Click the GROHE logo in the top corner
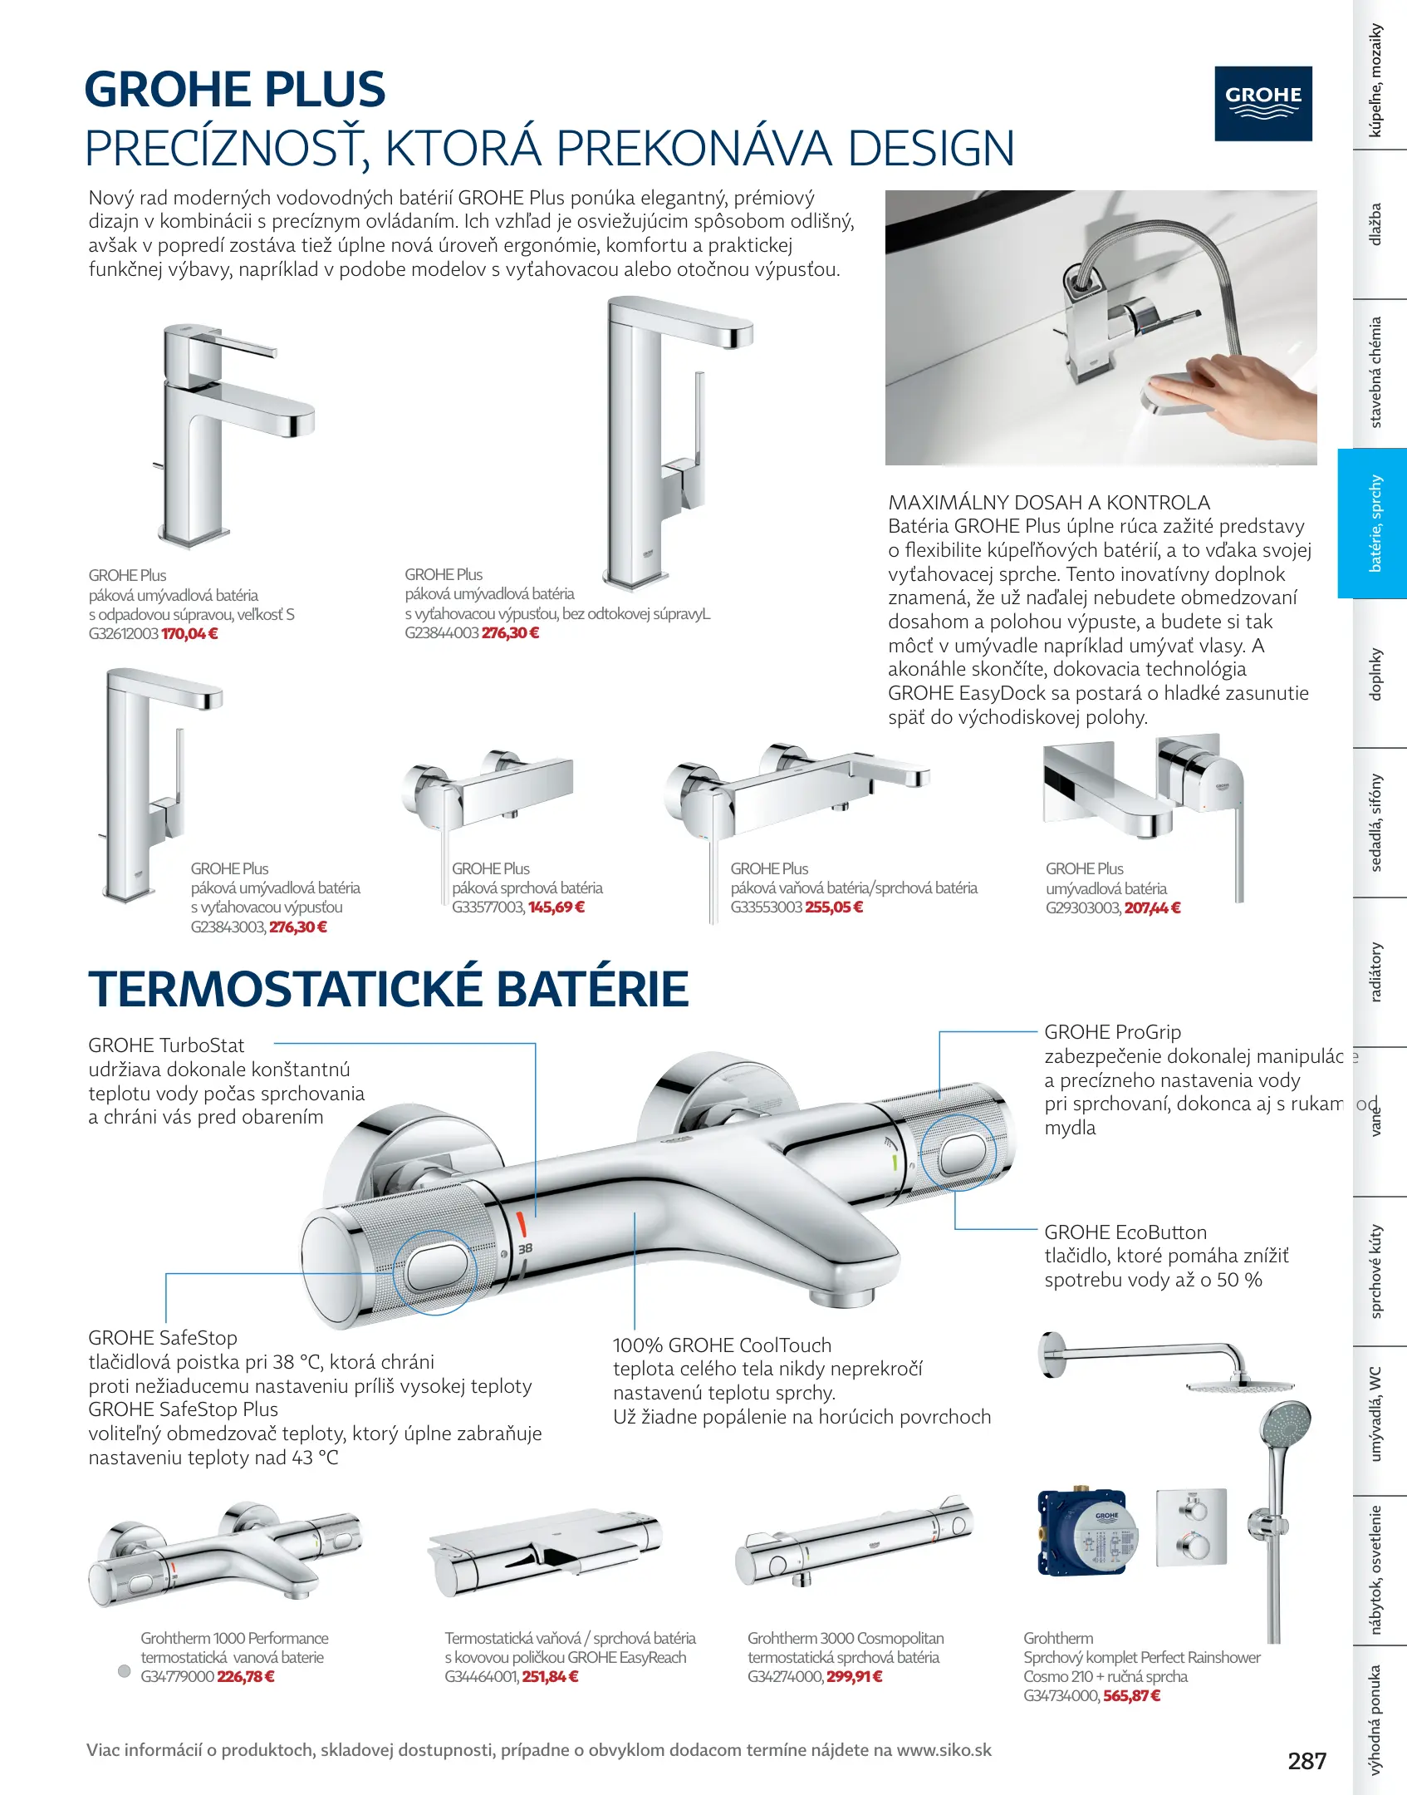[x=1262, y=104]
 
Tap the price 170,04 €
[x=189, y=634]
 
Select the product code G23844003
[x=441, y=633]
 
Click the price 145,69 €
[x=556, y=907]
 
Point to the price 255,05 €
[x=834, y=907]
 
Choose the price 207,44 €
[x=1152, y=908]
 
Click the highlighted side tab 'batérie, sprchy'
[x=1375, y=524]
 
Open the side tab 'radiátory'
[x=1375, y=971]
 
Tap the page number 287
[x=1306, y=1761]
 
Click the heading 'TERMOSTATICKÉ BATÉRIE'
[x=389, y=989]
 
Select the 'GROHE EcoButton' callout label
[x=1125, y=1232]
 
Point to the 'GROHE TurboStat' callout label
[x=166, y=1045]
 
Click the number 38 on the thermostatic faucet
[x=525, y=1249]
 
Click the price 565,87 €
[x=1131, y=1696]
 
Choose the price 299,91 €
[x=854, y=1677]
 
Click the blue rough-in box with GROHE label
[x=1083, y=1533]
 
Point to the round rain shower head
[x=1239, y=1385]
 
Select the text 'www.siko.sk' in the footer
[x=944, y=1750]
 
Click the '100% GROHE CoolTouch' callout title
[x=722, y=1345]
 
